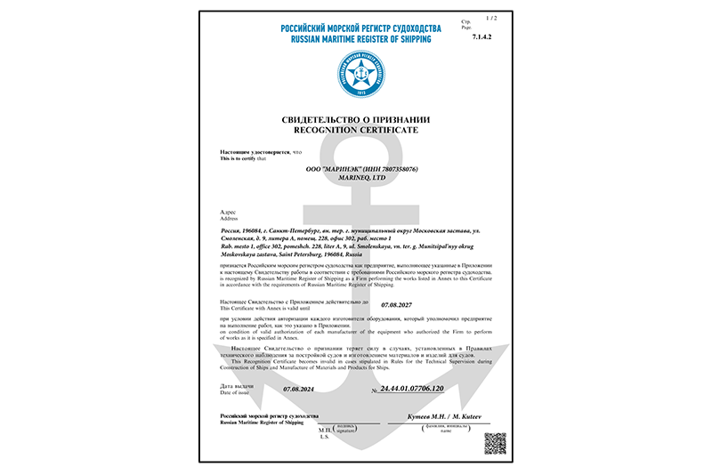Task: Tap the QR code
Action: pyautogui.click(x=496, y=443)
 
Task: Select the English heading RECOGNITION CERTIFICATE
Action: pyautogui.click(x=355, y=130)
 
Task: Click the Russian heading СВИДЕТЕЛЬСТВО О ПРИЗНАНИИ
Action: pyautogui.click(x=355, y=120)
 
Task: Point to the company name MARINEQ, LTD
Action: pyautogui.click(x=355, y=177)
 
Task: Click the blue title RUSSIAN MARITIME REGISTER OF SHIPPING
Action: pyautogui.click(x=355, y=39)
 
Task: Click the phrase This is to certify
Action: pyautogui.click(x=243, y=159)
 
